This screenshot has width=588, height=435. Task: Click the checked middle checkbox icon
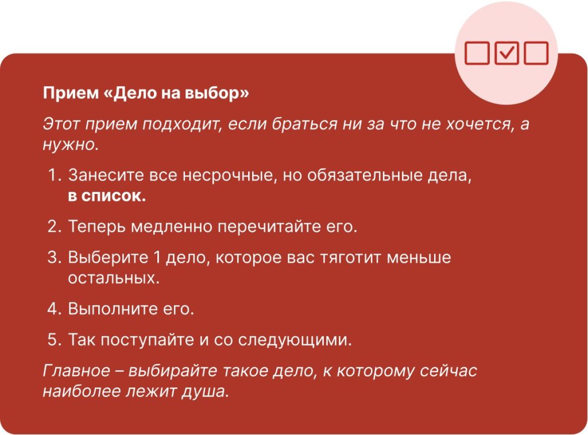pos(506,53)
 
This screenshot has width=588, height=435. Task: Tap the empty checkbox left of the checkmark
pos(477,53)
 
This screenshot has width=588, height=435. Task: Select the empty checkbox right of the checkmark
pos(536,53)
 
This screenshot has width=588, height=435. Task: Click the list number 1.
pos(55,176)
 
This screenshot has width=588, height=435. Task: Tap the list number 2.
pos(55,227)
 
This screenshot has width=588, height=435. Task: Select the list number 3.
pos(55,258)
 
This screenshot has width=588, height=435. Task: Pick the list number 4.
pos(55,309)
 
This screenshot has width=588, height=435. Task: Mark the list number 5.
pos(55,340)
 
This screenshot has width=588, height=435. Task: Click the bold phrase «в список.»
pos(107,196)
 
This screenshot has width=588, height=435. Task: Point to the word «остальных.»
pos(114,278)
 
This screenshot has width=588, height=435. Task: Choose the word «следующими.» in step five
pos(295,340)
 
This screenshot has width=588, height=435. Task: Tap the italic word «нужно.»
pos(71,145)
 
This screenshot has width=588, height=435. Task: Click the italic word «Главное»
pos(76,371)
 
